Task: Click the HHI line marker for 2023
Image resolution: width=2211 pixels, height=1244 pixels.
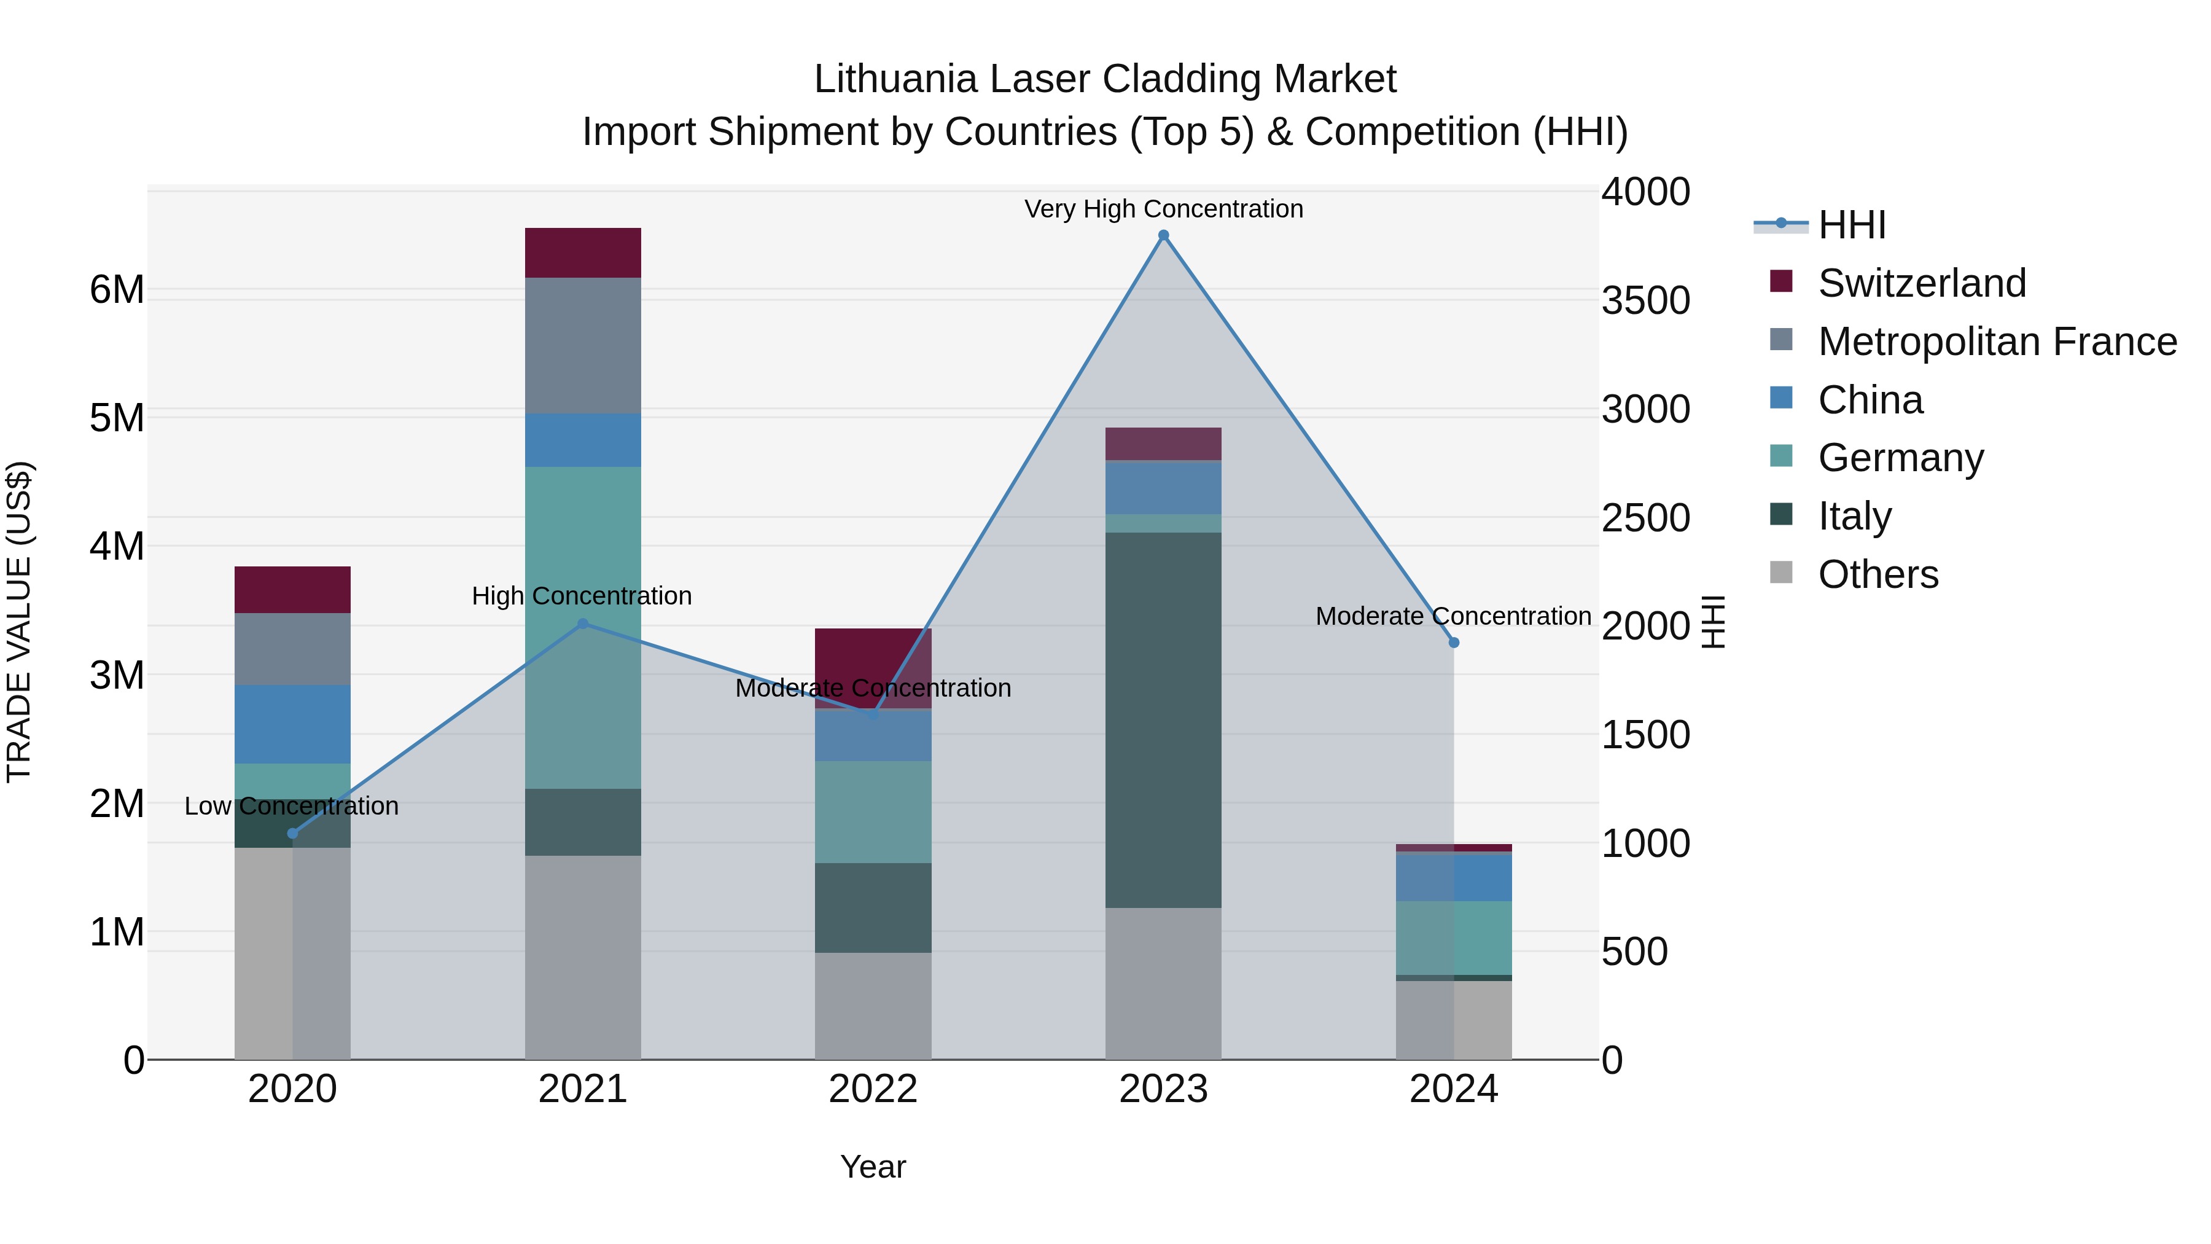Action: tap(1163, 235)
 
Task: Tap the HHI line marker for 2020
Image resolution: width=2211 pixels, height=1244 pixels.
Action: tap(293, 833)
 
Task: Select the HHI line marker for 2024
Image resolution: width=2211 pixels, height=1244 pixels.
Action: tap(1454, 642)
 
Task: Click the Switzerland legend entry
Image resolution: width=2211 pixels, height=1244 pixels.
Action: tap(1921, 283)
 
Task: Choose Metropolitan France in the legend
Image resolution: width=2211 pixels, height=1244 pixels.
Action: tap(1997, 342)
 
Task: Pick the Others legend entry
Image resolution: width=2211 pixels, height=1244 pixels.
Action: tap(1877, 574)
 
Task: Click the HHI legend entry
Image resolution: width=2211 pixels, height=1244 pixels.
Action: tap(1851, 225)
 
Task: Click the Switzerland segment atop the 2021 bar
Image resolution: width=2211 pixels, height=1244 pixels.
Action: tap(583, 252)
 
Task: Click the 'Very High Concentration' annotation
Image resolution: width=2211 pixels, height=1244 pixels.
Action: tap(1163, 209)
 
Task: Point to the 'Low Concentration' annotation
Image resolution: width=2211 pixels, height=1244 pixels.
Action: tap(292, 806)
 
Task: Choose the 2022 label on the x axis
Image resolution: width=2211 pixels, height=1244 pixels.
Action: tap(873, 1089)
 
